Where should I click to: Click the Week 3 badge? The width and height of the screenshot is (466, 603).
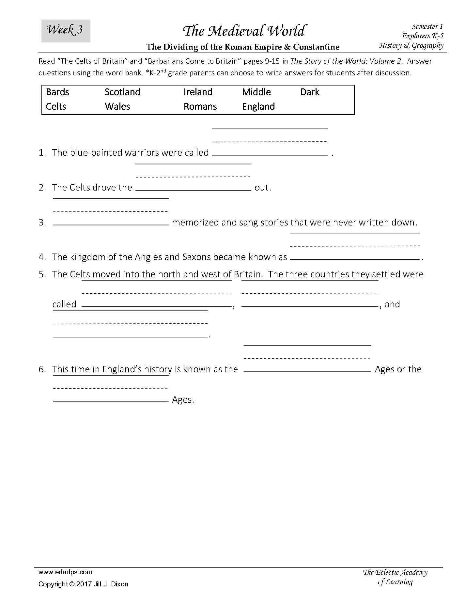tap(66, 31)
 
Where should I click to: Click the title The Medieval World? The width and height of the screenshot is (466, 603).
tap(244, 31)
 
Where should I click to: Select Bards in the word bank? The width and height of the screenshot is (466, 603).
tap(57, 92)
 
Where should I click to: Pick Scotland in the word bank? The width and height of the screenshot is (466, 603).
tap(122, 92)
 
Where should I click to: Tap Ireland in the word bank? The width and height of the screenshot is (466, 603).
tap(198, 92)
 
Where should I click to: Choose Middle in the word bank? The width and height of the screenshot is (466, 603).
tap(256, 92)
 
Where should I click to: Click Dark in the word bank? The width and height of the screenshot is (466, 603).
tap(310, 92)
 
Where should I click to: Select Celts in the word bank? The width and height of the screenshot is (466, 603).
tap(56, 106)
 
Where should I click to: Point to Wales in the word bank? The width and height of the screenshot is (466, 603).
tap(117, 106)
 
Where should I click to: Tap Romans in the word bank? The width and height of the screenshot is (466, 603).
tap(200, 106)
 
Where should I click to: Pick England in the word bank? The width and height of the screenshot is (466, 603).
tap(258, 106)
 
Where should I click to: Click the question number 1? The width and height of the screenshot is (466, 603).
tap(42, 153)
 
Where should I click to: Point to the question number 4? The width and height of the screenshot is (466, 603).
tap(42, 257)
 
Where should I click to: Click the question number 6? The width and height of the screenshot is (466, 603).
tap(42, 369)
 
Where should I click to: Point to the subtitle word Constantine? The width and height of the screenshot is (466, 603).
tap(316, 47)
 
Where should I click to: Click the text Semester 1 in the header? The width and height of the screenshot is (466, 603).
tap(427, 26)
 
